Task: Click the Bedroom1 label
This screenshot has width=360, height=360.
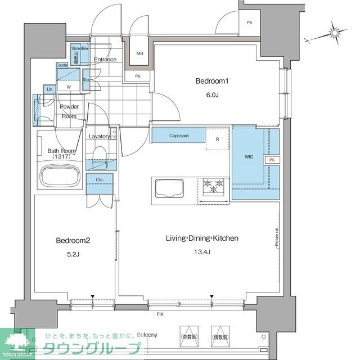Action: [x=211, y=82]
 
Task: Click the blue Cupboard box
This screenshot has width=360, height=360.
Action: [x=178, y=136]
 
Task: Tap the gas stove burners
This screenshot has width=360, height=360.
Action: [x=213, y=187]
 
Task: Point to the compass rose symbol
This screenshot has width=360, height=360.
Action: [x=334, y=34]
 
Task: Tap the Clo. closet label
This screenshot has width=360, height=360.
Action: [x=100, y=181]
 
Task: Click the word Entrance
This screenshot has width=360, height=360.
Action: [x=105, y=60]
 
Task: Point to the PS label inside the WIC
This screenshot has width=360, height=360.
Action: [x=272, y=160]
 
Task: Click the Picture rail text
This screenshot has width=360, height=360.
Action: [x=277, y=237]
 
